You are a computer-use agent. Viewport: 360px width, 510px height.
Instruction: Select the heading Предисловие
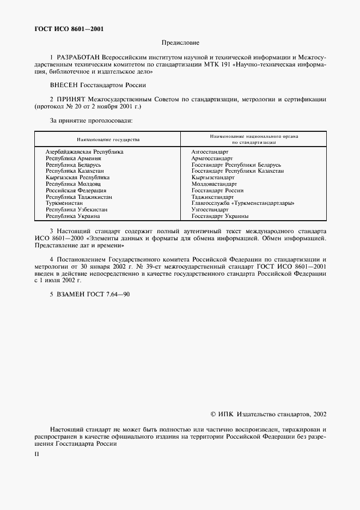180,42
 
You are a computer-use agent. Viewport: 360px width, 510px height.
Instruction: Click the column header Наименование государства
108,139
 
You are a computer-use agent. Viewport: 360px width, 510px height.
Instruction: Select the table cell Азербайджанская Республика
84,151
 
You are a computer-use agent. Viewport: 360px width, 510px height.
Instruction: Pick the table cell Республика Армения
73,158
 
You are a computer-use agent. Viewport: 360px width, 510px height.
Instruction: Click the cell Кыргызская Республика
77,178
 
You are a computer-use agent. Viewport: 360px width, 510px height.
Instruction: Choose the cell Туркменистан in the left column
64,204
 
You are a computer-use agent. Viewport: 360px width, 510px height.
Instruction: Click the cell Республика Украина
72,216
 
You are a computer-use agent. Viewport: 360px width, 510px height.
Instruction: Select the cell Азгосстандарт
210,151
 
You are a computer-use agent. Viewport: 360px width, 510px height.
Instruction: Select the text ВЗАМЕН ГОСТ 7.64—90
89,294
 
